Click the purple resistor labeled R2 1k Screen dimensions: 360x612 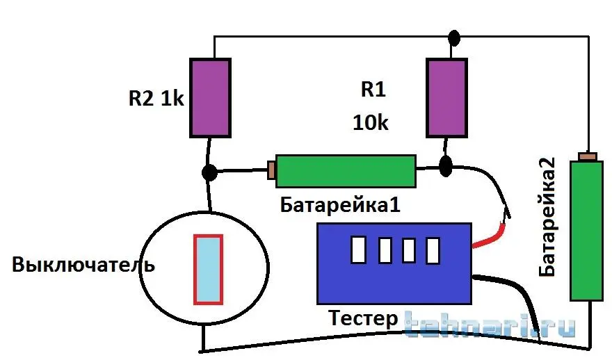(210, 97)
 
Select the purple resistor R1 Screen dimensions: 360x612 (445, 97)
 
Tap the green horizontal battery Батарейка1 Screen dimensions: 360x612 (346, 170)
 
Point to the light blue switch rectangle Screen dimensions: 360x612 (208, 270)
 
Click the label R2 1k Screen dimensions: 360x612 (156, 98)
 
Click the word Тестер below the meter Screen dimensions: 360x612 (363, 320)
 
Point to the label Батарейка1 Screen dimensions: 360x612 (340, 205)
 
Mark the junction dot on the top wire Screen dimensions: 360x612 (454, 36)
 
